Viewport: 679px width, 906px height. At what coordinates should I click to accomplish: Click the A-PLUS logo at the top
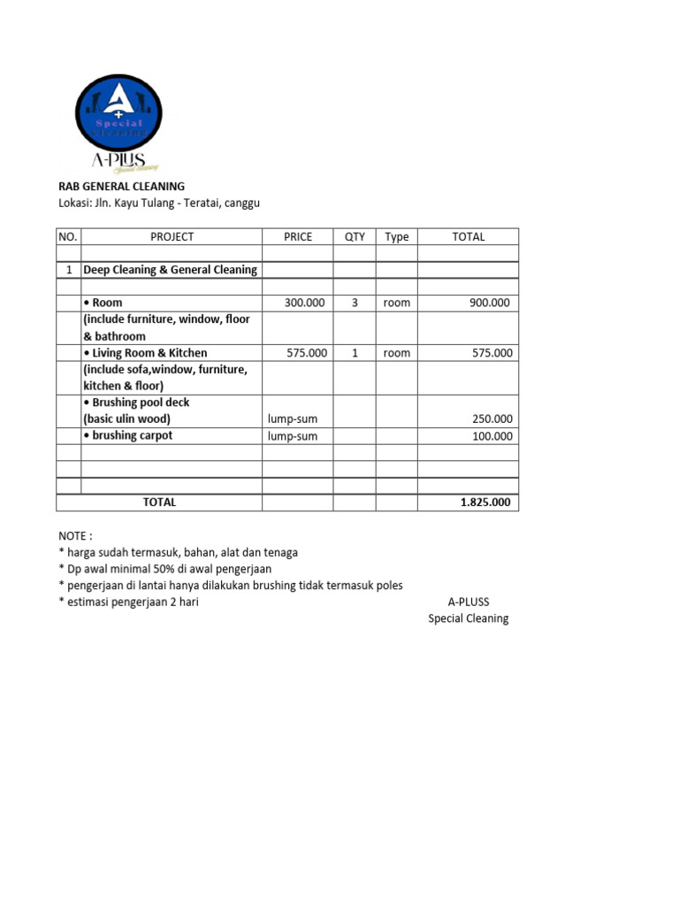tap(118, 121)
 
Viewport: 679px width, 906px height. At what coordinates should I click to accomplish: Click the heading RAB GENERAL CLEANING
tap(121, 187)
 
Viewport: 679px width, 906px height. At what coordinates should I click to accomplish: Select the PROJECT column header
tap(172, 237)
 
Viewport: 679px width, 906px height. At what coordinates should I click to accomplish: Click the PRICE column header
tap(298, 237)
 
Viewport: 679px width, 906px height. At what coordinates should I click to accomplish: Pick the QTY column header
tap(355, 237)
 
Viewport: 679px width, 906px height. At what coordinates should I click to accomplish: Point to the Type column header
tap(397, 237)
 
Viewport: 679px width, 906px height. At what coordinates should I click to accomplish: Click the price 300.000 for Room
tap(305, 303)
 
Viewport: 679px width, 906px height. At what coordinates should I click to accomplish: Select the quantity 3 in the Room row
tap(355, 303)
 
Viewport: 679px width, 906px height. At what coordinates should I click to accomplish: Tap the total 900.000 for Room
tap(489, 303)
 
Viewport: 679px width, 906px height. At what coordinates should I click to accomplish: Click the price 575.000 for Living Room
tap(307, 353)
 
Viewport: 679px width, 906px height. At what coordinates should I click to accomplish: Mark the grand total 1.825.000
tap(485, 503)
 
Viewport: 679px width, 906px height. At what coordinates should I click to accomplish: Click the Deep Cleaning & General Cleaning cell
tap(171, 270)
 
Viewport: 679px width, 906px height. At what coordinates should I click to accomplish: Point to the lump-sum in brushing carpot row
tap(293, 436)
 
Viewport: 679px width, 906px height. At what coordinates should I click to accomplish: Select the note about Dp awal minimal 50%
tap(165, 569)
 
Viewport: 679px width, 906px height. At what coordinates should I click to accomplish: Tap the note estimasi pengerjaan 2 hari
tap(128, 603)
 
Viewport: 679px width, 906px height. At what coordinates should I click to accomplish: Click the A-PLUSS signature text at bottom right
tap(468, 603)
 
